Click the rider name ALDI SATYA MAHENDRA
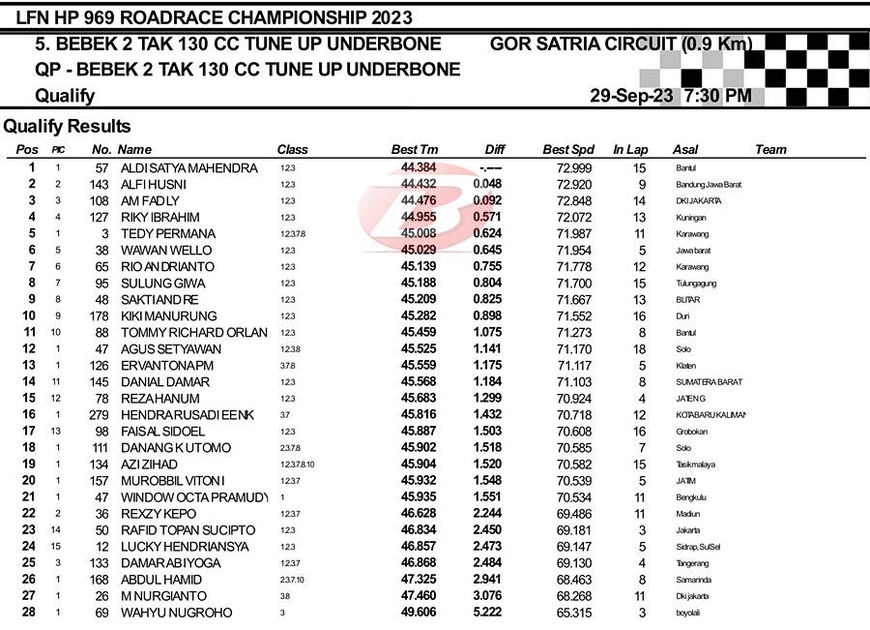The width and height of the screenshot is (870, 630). (x=188, y=167)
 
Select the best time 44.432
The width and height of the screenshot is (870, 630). (x=418, y=184)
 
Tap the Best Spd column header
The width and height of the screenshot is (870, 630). (x=568, y=149)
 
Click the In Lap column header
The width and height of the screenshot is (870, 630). (x=630, y=149)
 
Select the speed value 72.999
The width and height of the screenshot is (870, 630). (x=574, y=167)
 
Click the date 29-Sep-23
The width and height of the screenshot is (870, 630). (x=631, y=96)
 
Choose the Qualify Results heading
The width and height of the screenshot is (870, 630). (x=67, y=126)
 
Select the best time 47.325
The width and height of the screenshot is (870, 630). (x=418, y=579)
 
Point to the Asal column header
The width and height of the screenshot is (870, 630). (x=684, y=149)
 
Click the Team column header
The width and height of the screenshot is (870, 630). (x=770, y=149)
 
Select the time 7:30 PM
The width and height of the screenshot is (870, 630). (x=717, y=96)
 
